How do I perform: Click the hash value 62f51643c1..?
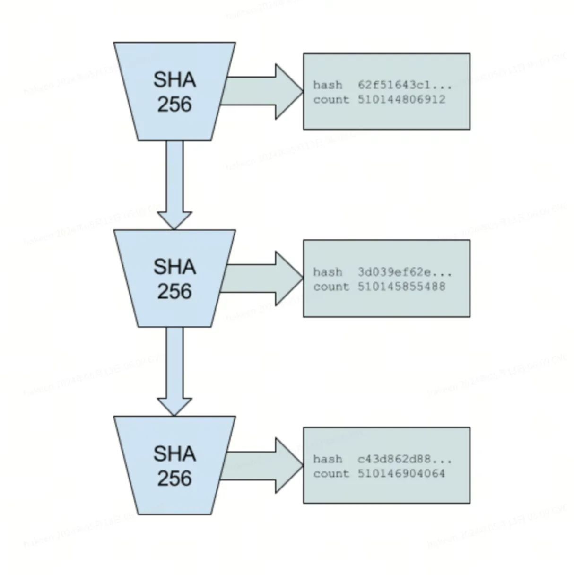click(x=404, y=85)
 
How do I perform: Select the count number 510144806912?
click(x=401, y=100)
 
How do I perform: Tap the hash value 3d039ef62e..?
click(x=404, y=272)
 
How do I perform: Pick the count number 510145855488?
click(x=401, y=287)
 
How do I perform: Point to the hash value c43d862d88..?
click(x=404, y=459)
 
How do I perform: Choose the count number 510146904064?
click(x=401, y=473)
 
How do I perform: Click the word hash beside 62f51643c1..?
click(x=328, y=85)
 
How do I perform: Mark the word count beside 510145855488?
click(x=331, y=287)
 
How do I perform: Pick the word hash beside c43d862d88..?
click(x=328, y=459)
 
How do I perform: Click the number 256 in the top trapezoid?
click(x=174, y=105)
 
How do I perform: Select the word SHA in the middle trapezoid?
click(x=174, y=267)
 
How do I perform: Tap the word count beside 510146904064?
click(x=331, y=473)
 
